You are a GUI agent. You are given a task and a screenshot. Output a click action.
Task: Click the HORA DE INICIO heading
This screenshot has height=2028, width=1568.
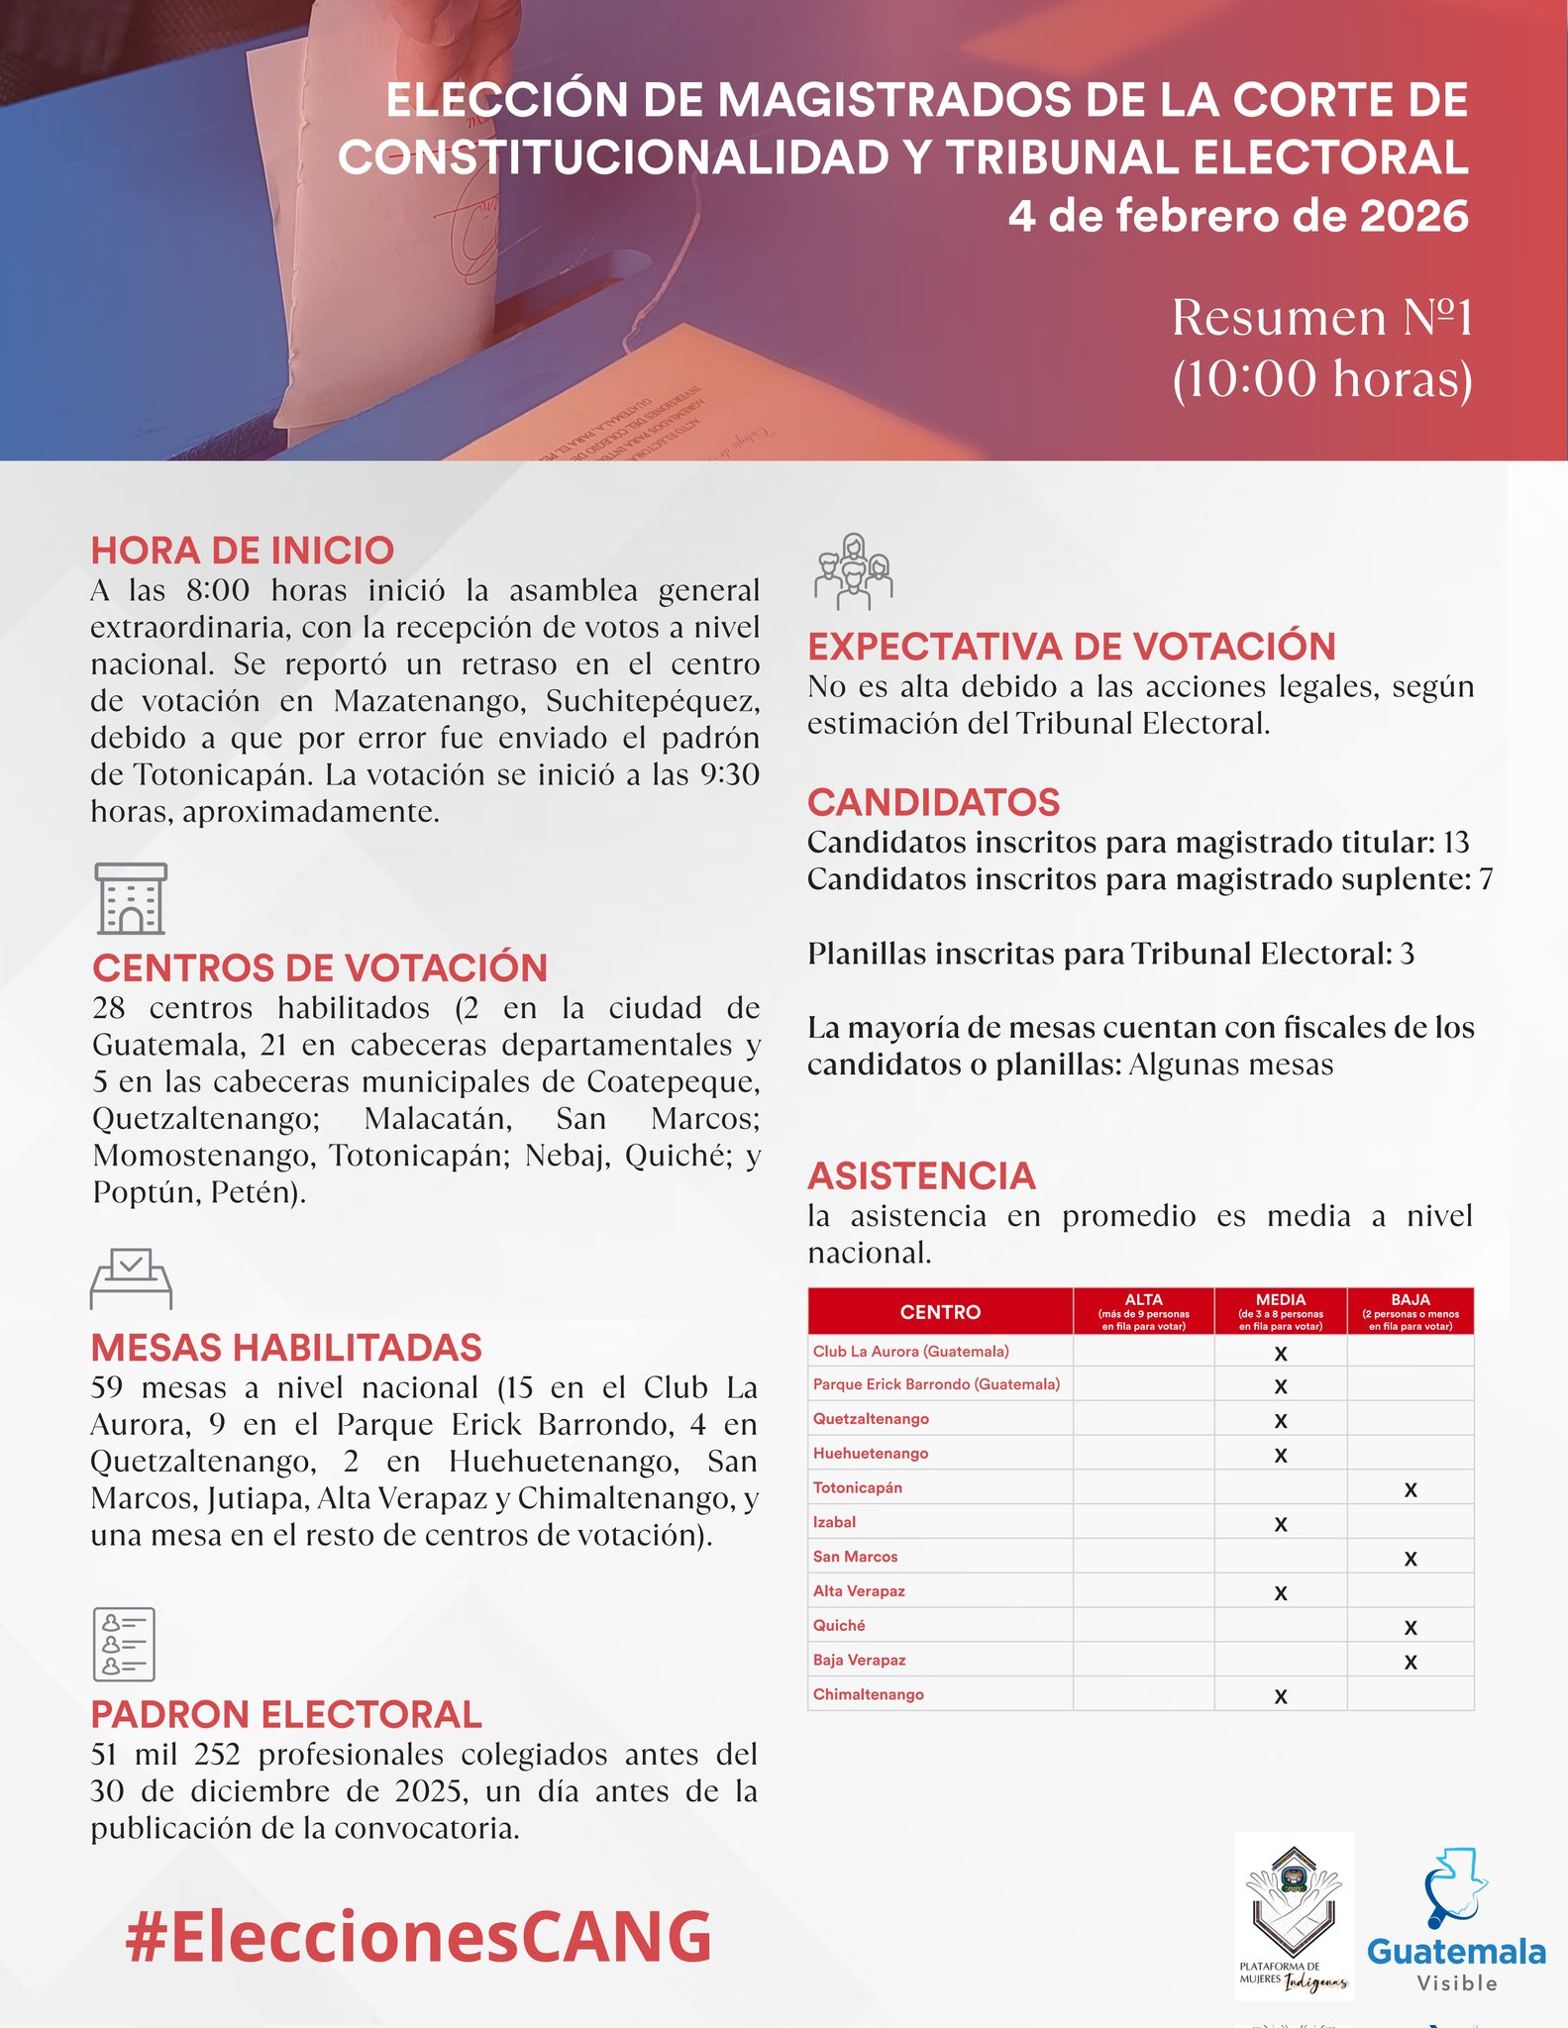point(242,551)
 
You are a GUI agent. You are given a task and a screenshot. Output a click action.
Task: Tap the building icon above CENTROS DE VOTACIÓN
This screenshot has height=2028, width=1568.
point(131,898)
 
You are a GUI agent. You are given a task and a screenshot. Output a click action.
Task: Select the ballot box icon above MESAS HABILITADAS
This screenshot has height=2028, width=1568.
point(131,1278)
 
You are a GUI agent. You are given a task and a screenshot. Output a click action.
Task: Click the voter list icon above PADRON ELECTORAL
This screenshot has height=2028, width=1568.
point(124,1644)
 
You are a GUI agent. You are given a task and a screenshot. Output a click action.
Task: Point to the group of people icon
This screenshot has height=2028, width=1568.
point(853,570)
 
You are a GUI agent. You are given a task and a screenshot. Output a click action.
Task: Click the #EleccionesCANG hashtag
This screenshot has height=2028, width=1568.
point(418,1937)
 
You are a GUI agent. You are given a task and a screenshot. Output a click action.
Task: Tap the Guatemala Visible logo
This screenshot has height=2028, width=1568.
point(1456,1922)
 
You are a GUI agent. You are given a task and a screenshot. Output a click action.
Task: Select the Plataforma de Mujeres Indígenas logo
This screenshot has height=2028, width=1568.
point(1294,1915)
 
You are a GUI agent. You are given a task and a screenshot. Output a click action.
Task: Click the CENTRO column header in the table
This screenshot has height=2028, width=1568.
point(940,1312)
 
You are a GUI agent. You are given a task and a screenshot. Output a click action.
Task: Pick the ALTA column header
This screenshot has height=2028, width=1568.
point(1143,1311)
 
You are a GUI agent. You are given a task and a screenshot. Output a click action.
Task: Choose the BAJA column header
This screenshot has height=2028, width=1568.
point(1410,1311)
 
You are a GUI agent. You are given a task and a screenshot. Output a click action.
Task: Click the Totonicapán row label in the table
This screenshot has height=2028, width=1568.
point(858,1487)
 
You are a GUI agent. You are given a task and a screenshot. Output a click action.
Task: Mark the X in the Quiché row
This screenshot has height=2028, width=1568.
point(1411,1627)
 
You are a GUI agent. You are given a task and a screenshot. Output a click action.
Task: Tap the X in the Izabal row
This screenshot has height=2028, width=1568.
point(1281,1524)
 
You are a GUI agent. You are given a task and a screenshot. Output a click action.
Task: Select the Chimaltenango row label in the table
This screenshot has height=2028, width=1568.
point(869,1694)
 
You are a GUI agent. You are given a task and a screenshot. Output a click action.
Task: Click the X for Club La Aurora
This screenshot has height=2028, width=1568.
point(1281,1354)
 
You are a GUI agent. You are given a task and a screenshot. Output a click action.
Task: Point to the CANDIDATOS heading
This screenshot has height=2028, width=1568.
point(933,802)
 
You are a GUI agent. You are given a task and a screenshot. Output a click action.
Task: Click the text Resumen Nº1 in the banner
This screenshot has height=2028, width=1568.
point(1321,318)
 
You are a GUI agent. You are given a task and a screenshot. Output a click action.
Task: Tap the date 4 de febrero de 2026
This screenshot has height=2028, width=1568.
point(1238,216)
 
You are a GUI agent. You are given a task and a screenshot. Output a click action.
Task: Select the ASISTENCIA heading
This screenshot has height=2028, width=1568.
point(921,1175)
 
